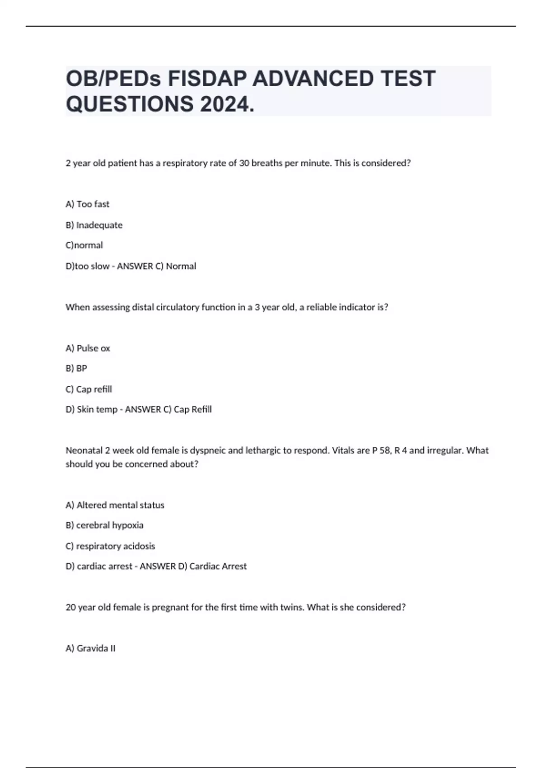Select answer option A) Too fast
coord(88,204)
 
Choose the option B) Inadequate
coord(94,225)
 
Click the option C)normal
coord(84,245)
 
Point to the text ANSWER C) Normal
coord(156,266)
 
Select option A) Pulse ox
coord(88,348)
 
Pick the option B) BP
coord(76,369)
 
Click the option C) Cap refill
coord(89,389)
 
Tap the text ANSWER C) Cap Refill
coord(168,409)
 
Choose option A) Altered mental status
coord(115,505)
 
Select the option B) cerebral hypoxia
coord(104,525)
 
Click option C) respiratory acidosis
coord(110,546)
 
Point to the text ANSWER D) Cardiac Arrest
coord(193,566)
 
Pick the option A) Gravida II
coord(90,648)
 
